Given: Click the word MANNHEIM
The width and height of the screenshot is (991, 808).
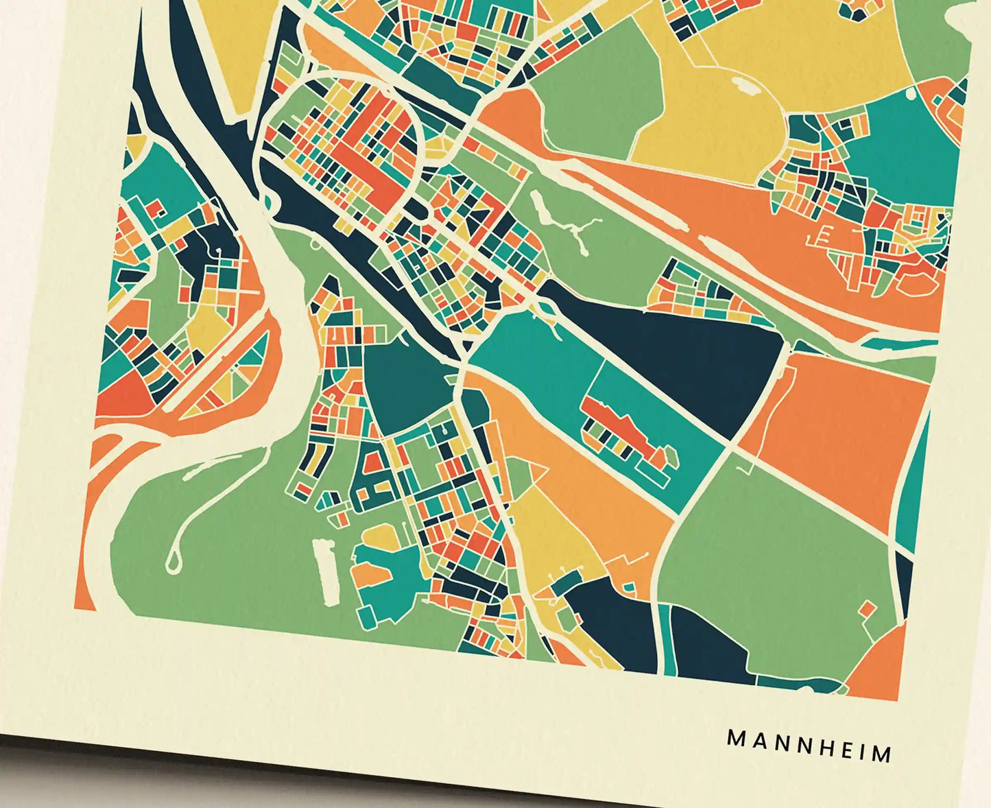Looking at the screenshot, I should [x=809, y=746].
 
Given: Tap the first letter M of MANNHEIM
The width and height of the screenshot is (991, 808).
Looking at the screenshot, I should [x=735, y=739].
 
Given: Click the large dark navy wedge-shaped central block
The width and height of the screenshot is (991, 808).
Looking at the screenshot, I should [x=693, y=357].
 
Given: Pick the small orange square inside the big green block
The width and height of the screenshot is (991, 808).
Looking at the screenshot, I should [x=868, y=608].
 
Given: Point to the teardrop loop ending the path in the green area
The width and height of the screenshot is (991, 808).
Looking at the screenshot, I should [x=172, y=562].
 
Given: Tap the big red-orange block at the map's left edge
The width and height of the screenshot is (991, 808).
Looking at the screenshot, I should [x=120, y=398].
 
